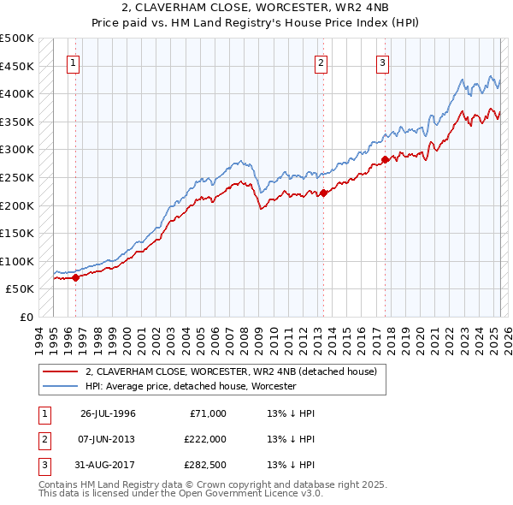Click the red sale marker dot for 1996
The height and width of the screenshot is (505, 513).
coord(75,277)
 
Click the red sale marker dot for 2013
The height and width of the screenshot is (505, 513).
coord(324,193)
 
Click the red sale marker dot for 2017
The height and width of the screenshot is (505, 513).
coord(386,159)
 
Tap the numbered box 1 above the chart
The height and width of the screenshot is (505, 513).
coord(74,62)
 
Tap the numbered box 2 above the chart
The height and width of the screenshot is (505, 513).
coord(321,62)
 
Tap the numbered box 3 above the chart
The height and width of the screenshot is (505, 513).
coord(382,62)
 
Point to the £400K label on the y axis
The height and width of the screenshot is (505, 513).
coord(17,93)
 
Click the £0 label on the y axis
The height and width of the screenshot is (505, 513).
coord(27,317)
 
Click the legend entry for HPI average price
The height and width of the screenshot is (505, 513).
coord(190,386)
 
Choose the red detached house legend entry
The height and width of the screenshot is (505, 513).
coord(237,371)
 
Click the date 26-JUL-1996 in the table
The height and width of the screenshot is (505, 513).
coord(108,413)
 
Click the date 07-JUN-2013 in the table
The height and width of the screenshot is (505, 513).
coord(108,439)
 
